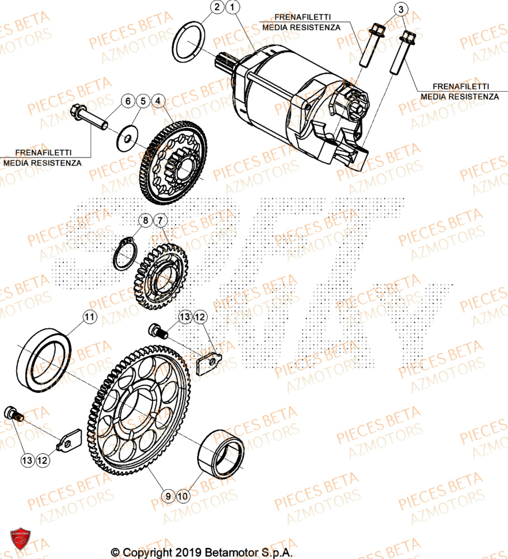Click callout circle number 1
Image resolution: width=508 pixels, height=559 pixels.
click(x=233, y=7)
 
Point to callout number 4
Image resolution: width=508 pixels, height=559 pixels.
click(x=158, y=101)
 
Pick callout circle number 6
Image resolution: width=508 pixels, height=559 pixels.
click(x=127, y=101)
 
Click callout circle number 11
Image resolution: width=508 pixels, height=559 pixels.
click(x=89, y=318)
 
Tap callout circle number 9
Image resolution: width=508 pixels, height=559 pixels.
click(x=167, y=495)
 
